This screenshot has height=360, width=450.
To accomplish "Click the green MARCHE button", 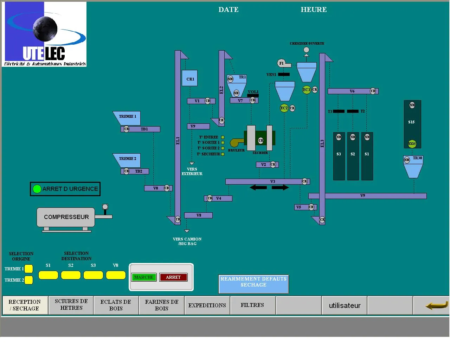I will pyautogui.click(x=143, y=277).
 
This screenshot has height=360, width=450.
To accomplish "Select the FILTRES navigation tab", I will pyautogui.click(x=252, y=305).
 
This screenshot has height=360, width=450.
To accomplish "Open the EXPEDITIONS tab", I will pyautogui.click(x=207, y=305).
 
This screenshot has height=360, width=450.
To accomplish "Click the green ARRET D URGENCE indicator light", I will pyautogui.click(x=37, y=189).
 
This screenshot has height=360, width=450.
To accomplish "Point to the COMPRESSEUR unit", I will pyautogui.click(x=66, y=217).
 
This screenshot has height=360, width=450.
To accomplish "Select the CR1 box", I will pyautogui.click(x=190, y=78).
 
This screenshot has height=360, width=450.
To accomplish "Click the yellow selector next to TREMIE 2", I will pyautogui.click(x=29, y=280).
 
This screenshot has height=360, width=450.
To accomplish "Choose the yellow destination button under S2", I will pyautogui.click(x=71, y=275).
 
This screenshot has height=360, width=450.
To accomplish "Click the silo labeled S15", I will pyautogui.click(x=412, y=123).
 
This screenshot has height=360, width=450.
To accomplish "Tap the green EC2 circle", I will pyautogui.click(x=284, y=108).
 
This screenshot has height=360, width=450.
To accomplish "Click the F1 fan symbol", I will pyautogui.click(x=281, y=63).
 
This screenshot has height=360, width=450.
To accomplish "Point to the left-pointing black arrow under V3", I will pyautogui.click(x=258, y=188).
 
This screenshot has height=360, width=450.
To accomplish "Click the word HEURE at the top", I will pyautogui.click(x=314, y=10).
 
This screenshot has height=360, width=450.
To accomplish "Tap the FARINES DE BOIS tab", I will pyautogui.click(x=162, y=305).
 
